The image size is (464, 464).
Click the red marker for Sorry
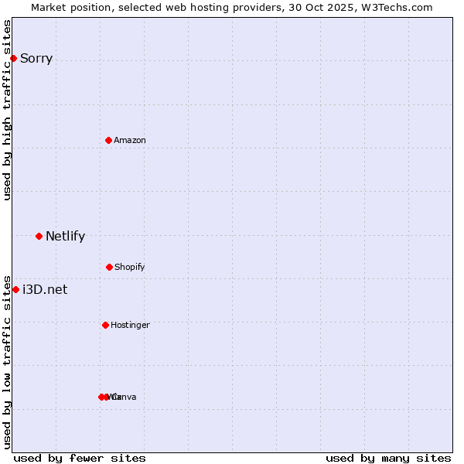click(13, 59)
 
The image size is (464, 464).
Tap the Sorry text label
click(36, 59)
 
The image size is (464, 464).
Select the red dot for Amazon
click(108, 140)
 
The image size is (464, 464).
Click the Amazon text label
click(130, 140)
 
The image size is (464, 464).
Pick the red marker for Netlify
click(39, 236)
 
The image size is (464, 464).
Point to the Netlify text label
click(65, 237)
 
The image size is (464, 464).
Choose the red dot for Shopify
click(109, 267)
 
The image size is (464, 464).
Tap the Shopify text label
click(130, 267)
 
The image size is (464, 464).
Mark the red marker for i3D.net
click(15, 289)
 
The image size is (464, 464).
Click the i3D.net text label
click(45, 290)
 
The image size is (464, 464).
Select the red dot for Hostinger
click(105, 325)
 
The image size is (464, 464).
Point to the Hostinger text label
click(130, 325)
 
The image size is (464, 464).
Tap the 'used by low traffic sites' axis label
click(8, 361)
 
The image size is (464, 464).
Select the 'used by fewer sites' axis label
click(80, 459)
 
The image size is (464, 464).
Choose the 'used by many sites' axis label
click(388, 459)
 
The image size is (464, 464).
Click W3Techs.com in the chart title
click(395, 8)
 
